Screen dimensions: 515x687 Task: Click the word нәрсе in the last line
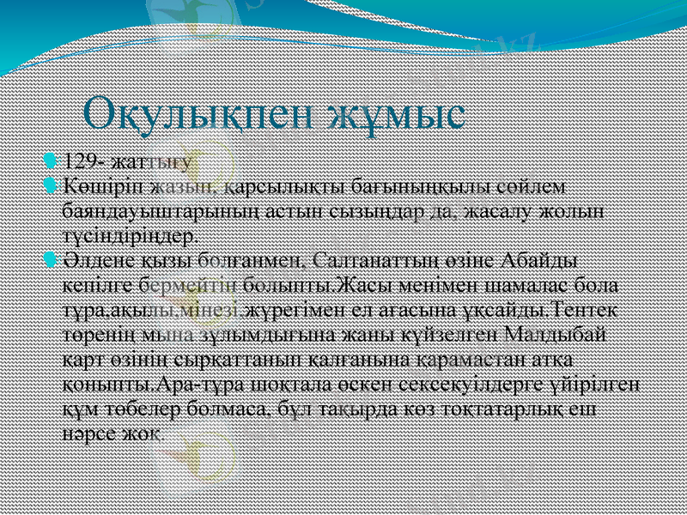(95, 427)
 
